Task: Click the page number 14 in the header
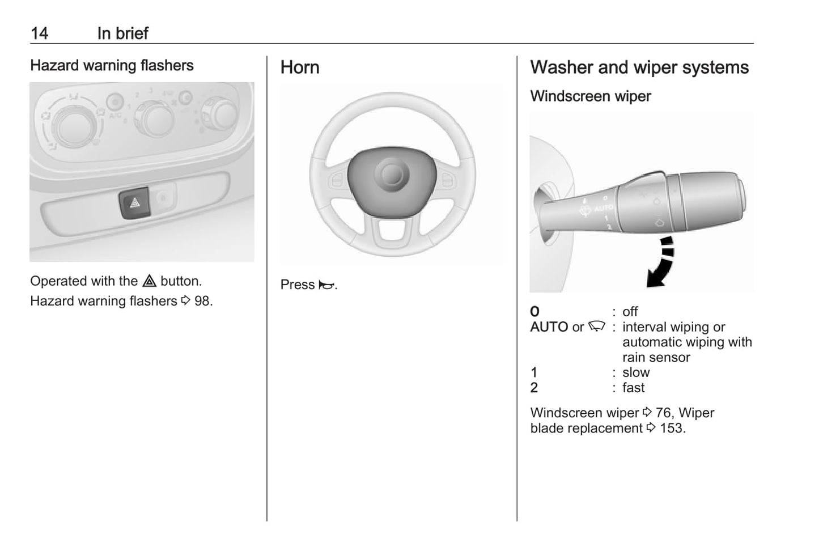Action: tap(39, 33)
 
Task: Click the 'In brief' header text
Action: tap(122, 33)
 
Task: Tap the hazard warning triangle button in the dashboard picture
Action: tap(134, 202)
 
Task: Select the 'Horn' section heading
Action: tap(300, 67)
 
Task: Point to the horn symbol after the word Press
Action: tap(326, 285)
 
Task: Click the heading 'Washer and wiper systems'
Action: tap(639, 67)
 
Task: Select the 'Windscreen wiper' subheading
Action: tap(591, 96)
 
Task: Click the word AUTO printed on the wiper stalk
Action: tap(603, 208)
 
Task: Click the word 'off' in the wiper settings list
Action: tap(630, 312)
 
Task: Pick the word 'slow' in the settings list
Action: tap(636, 372)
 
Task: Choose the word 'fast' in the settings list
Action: tap(633, 388)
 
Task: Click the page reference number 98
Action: tap(202, 301)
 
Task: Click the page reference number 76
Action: tap(664, 413)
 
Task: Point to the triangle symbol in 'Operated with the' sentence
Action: tap(149, 281)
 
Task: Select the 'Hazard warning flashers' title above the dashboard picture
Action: tap(112, 66)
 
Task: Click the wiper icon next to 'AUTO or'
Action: tap(597, 326)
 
